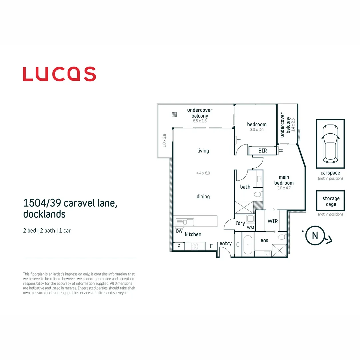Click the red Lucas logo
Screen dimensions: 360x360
(x=59, y=74)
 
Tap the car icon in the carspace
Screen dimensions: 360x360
(x=330, y=143)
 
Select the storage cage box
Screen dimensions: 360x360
(x=330, y=201)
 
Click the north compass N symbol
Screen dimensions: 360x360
(x=315, y=235)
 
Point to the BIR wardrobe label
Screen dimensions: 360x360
(x=263, y=151)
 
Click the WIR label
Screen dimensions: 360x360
(x=273, y=221)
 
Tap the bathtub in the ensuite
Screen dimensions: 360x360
(x=248, y=245)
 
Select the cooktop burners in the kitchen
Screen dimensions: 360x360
(x=195, y=246)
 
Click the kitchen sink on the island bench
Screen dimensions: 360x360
(x=185, y=222)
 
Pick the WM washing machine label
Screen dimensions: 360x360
(x=250, y=228)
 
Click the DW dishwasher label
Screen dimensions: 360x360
(x=179, y=231)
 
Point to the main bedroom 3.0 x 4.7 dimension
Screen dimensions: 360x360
(x=284, y=188)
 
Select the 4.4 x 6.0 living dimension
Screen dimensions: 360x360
(x=203, y=173)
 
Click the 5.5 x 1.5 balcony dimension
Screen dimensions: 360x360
(x=200, y=121)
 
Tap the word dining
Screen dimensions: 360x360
(x=203, y=196)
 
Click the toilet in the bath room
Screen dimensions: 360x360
(x=258, y=194)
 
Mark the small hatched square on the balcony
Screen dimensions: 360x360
(x=174, y=114)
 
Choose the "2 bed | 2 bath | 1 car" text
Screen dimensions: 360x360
(x=47, y=231)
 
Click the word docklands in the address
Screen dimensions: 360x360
(x=44, y=214)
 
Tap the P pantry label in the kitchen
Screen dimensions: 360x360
(x=179, y=246)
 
